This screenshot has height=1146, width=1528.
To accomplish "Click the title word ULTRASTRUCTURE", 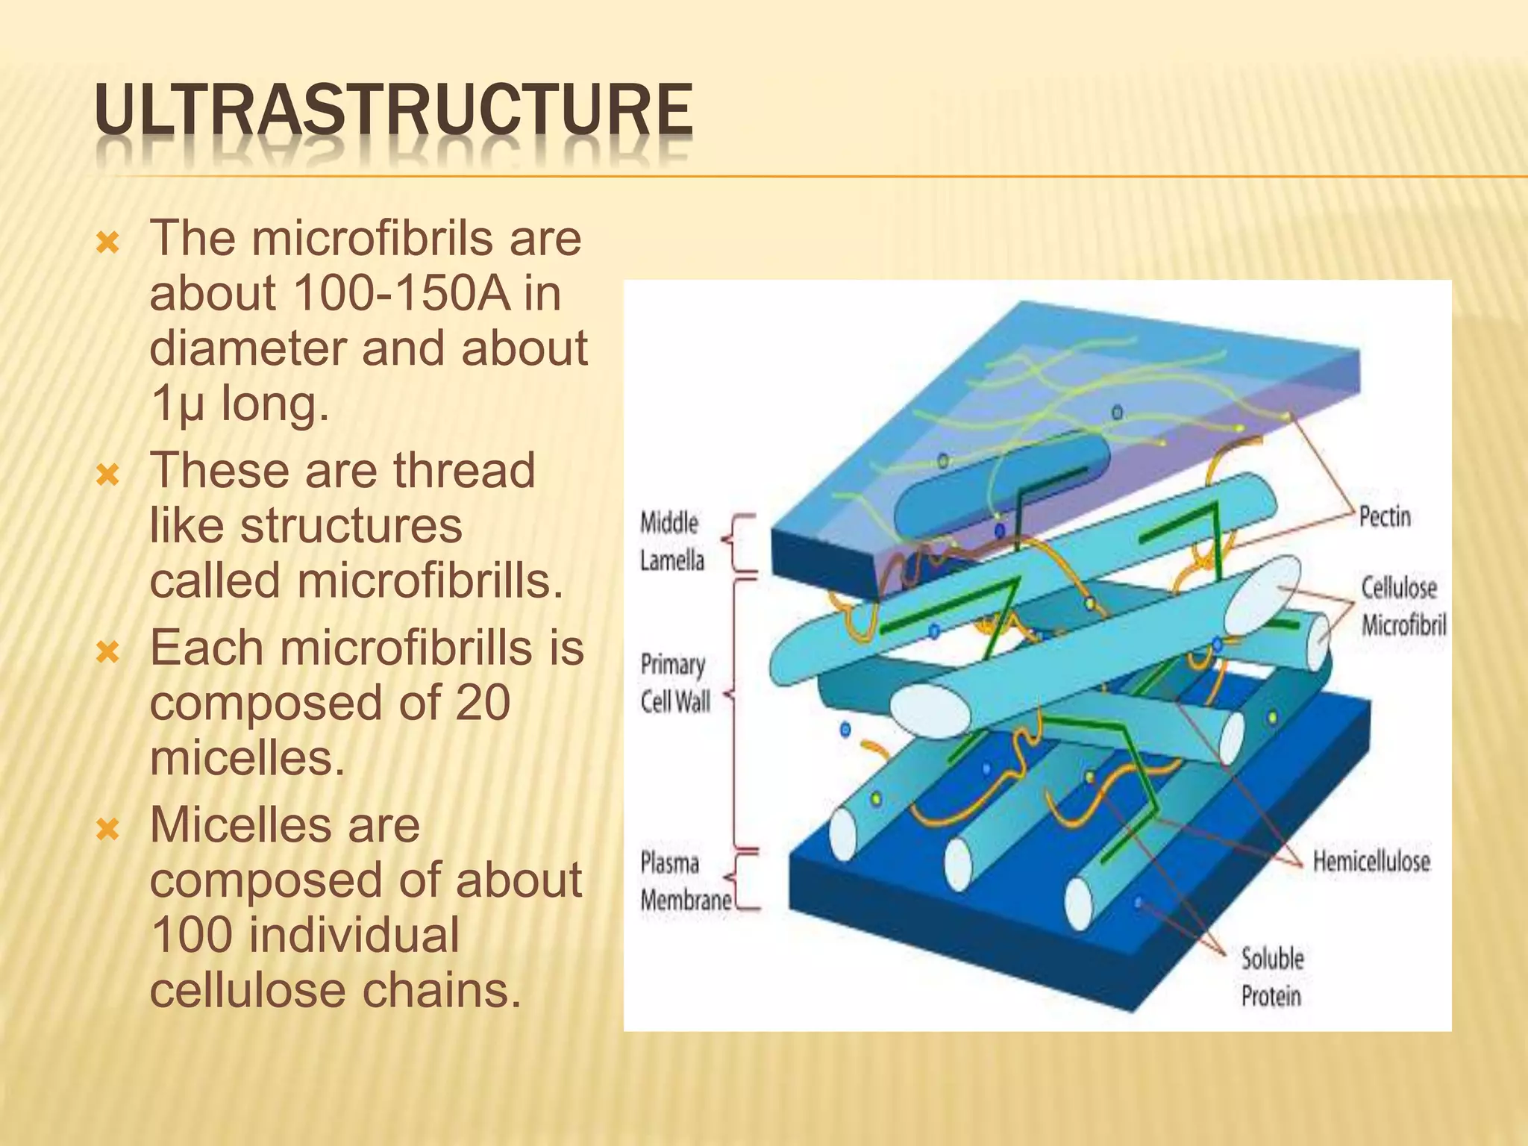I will [393, 112].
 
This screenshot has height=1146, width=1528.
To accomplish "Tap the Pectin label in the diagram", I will [1385, 517].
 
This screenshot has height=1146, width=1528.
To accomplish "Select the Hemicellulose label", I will [1371, 862].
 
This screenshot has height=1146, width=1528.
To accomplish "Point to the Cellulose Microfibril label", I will [1403, 606].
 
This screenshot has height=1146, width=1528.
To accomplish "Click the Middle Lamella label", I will [671, 542].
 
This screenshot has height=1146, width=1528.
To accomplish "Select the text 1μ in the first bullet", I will [177, 404].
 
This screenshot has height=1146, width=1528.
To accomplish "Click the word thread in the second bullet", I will [464, 470].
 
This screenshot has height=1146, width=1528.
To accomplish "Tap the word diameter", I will [248, 348].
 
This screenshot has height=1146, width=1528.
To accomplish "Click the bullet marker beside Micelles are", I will [109, 828].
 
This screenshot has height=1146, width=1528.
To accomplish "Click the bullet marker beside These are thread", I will [109, 474].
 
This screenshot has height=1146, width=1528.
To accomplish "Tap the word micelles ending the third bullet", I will [247, 758].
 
